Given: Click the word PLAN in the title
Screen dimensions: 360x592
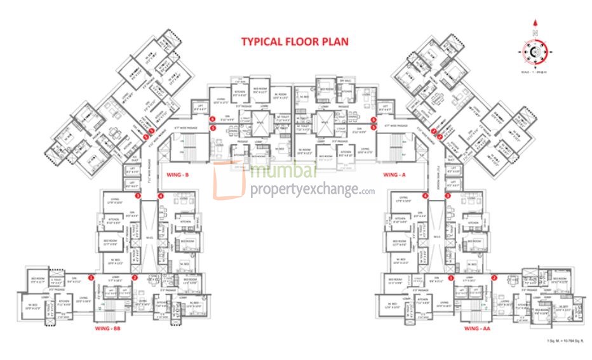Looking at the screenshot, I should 334,42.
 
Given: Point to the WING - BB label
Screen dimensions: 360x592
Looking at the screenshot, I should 107,329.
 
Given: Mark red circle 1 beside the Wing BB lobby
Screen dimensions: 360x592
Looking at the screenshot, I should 91,277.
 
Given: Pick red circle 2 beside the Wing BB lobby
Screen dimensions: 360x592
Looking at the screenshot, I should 135,277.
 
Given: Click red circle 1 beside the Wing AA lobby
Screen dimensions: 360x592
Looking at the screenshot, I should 451,277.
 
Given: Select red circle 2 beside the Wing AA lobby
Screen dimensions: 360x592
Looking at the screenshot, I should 494,277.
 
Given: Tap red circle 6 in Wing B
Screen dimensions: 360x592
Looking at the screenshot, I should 213,119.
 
